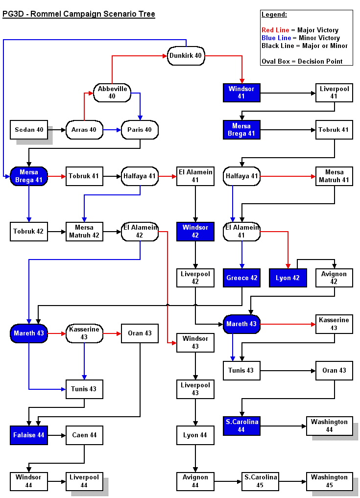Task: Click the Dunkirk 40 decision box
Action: [186, 56]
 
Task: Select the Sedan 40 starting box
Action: [29, 130]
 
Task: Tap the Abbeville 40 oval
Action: [112, 93]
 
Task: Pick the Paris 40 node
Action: [140, 130]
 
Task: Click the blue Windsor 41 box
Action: [241, 93]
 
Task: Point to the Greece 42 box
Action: [241, 278]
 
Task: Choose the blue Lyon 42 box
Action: [288, 278]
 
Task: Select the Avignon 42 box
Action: [334, 278]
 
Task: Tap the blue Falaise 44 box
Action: [29, 435]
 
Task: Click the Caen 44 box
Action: [84, 435]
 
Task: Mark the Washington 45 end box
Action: [329, 481]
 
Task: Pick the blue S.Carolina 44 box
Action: [241, 426]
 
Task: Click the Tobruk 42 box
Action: [29, 232]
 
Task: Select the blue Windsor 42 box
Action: [195, 232]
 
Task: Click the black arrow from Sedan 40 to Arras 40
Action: [56, 130]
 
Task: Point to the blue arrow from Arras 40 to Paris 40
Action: [112, 130]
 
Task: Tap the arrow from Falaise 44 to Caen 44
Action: [56, 435]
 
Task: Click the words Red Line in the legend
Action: [275, 30]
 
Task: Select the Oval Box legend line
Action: [302, 62]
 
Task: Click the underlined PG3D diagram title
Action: [79, 14]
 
